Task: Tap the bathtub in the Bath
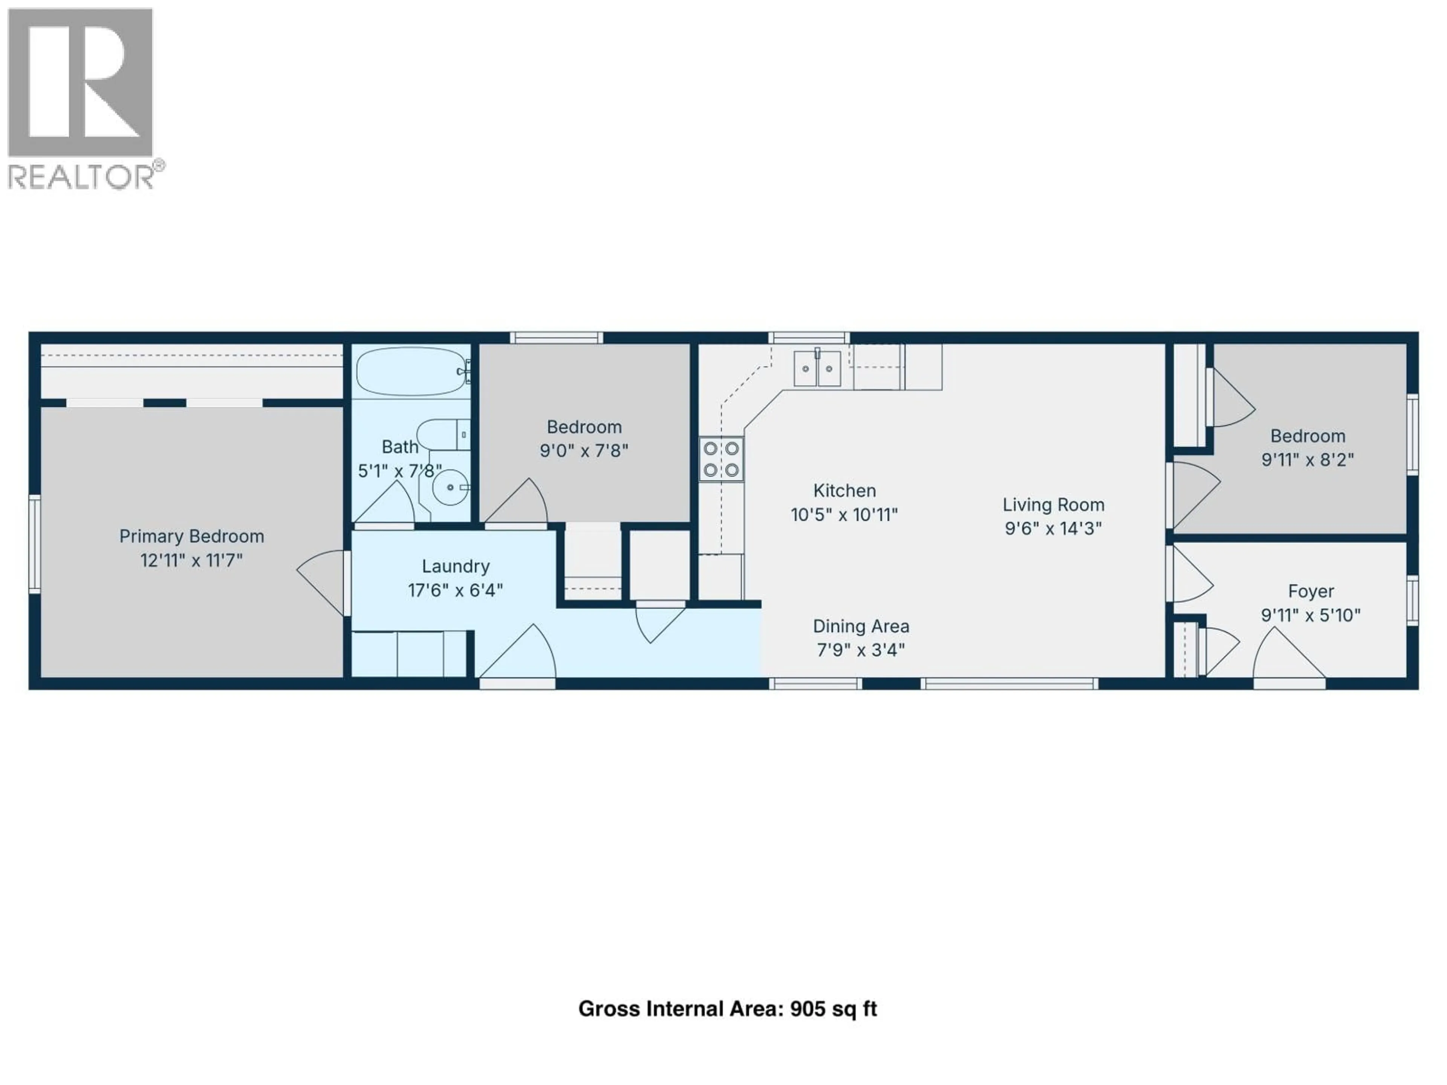[411, 371]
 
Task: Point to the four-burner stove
[721, 459]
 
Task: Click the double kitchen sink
[817, 368]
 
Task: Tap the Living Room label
[1053, 505]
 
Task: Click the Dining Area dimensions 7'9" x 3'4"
[861, 650]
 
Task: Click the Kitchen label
[844, 491]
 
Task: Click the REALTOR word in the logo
[81, 177]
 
